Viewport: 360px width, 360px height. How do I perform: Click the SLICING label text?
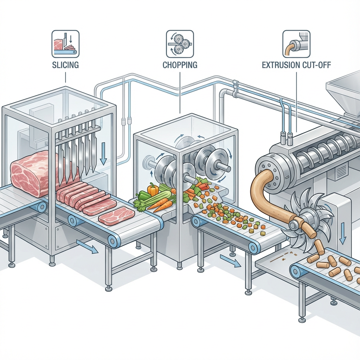click(x=65, y=65)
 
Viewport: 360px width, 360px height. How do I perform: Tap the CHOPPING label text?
click(x=180, y=65)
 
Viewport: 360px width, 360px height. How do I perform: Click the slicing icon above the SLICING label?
click(x=65, y=44)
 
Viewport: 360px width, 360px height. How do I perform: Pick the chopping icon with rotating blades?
click(x=180, y=44)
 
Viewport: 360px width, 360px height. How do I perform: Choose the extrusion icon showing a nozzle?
click(x=297, y=44)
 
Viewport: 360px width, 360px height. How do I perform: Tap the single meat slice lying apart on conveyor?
click(x=116, y=216)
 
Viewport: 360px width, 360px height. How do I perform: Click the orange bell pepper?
click(x=153, y=190)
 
